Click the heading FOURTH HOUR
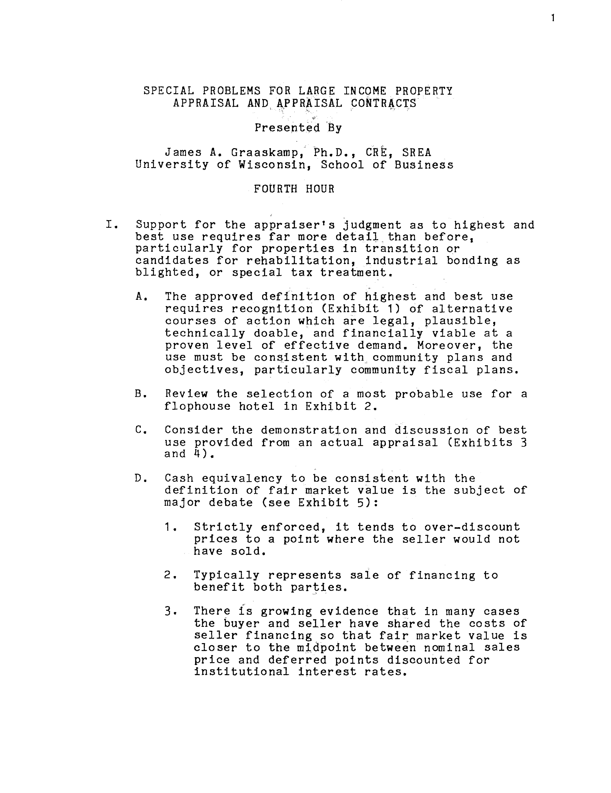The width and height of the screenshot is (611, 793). click(294, 189)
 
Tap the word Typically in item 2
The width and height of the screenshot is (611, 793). click(226, 575)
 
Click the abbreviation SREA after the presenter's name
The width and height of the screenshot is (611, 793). click(416, 152)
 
